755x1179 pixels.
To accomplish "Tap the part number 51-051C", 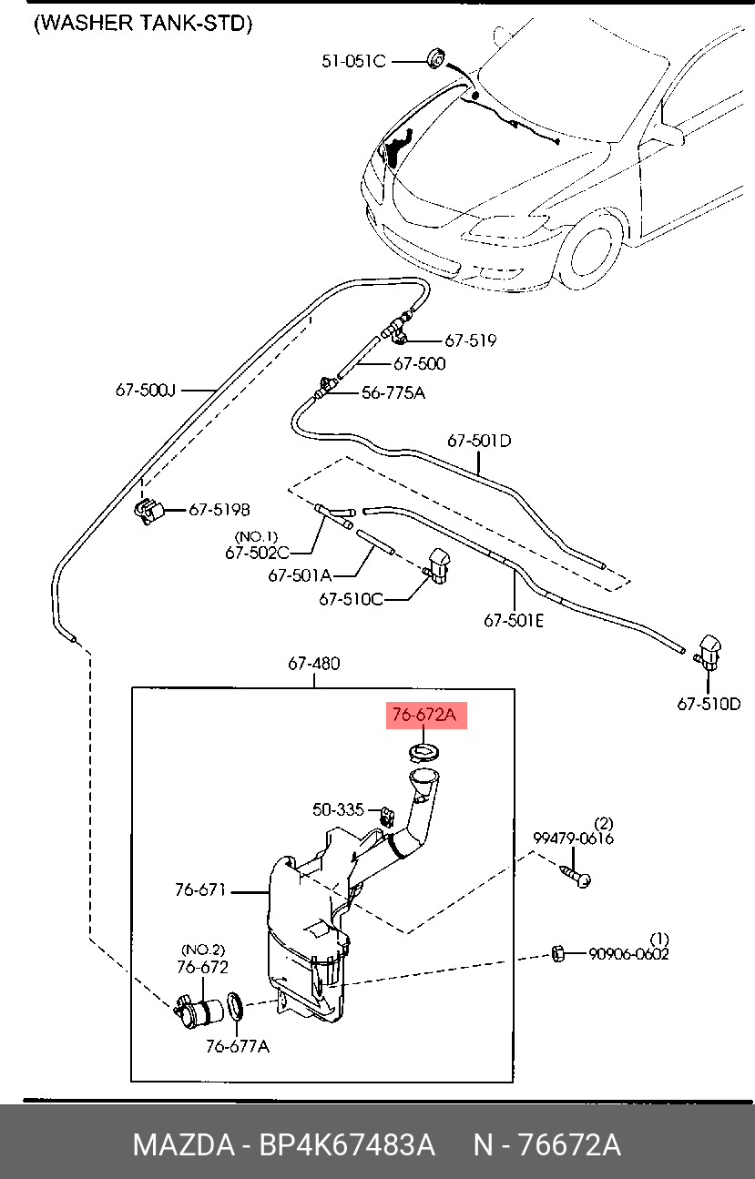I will pyautogui.click(x=353, y=61).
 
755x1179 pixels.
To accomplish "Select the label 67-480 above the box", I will pyautogui.click(x=314, y=664).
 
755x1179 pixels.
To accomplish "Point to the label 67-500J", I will pyautogui.click(x=145, y=391).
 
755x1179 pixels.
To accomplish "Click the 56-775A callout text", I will pyautogui.click(x=393, y=393).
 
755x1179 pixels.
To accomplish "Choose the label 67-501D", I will pyautogui.click(x=479, y=441).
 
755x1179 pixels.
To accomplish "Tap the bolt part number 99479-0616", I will pyautogui.click(x=574, y=839).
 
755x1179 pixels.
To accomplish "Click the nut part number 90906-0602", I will pyautogui.click(x=629, y=954).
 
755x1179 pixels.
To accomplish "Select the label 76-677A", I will pyautogui.click(x=237, y=1046).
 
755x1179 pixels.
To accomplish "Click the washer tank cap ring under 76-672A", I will pyautogui.click(x=423, y=752).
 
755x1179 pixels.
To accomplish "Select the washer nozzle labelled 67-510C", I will pyautogui.click(x=441, y=566).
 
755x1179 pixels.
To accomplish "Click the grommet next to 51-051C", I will pyautogui.click(x=436, y=60).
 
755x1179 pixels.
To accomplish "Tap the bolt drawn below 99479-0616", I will pyautogui.click(x=576, y=875).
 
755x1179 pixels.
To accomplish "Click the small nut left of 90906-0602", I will pyautogui.click(x=559, y=953).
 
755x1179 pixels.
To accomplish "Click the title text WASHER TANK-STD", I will pyautogui.click(x=142, y=24).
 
